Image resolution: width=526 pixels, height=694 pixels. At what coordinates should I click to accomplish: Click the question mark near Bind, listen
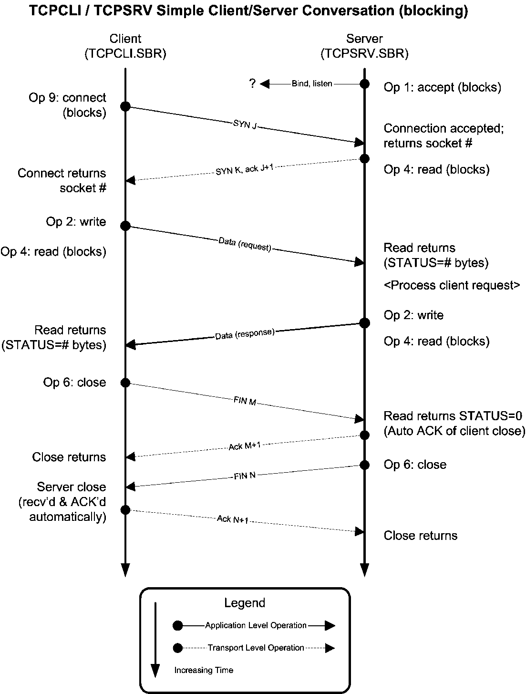click(x=252, y=83)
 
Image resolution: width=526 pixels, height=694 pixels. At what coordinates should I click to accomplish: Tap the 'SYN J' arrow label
click(x=245, y=125)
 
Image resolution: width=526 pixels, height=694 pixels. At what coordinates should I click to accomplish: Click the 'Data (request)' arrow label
click(x=245, y=244)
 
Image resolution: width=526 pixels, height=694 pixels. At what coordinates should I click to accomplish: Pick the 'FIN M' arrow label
click(x=245, y=401)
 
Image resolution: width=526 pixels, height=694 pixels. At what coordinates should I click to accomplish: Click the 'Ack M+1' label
click(x=245, y=445)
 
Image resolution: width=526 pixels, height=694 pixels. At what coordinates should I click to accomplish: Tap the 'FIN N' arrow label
click(x=245, y=476)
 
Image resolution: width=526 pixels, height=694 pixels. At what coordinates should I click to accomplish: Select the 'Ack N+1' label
click(x=233, y=519)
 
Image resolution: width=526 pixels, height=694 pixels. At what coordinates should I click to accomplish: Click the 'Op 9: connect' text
click(x=67, y=98)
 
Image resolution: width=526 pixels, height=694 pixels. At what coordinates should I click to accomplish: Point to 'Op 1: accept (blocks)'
click(x=442, y=87)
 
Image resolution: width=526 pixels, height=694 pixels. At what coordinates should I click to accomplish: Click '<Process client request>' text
click(x=452, y=285)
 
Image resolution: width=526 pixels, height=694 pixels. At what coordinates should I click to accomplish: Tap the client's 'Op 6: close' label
click(x=74, y=383)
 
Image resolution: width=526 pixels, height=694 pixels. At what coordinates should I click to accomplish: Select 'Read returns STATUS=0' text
click(x=453, y=416)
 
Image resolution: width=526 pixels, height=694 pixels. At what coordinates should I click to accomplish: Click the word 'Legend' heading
click(x=245, y=603)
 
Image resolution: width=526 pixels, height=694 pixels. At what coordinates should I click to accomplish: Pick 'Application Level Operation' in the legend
click(x=256, y=625)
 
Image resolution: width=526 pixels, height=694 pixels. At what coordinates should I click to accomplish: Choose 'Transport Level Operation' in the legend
click(x=256, y=648)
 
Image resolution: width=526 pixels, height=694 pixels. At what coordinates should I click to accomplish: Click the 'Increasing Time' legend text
click(x=204, y=670)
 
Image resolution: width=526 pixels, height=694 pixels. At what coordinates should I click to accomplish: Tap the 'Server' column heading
click(x=364, y=39)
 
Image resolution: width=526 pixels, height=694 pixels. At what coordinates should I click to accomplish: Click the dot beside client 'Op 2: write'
click(x=125, y=226)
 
